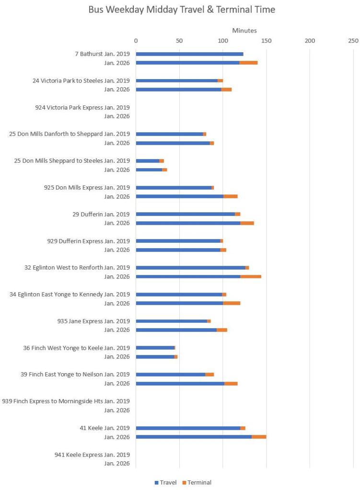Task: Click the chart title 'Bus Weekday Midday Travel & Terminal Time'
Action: pyautogui.click(x=182, y=10)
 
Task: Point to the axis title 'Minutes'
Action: pyautogui.click(x=244, y=31)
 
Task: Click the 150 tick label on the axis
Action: pyautogui.click(x=266, y=41)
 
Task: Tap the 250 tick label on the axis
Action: pyautogui.click(x=353, y=41)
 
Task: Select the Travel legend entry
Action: pyautogui.click(x=165, y=482)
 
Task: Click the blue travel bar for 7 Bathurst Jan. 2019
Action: pyautogui.click(x=189, y=54)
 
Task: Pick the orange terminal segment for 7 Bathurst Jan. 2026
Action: pyautogui.click(x=248, y=63)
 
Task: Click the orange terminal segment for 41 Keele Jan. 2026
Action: pyautogui.click(x=259, y=437)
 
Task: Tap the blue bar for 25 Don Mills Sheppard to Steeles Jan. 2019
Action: pyautogui.click(x=147, y=161)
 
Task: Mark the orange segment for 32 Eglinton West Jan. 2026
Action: pyautogui.click(x=251, y=276)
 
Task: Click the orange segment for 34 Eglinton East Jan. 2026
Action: pyautogui.click(x=232, y=303)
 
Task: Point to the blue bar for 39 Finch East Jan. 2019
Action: pyautogui.click(x=170, y=375)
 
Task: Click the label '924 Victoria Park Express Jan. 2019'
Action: pyautogui.click(x=82, y=107)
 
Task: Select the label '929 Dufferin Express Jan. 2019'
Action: pyautogui.click(x=88, y=241)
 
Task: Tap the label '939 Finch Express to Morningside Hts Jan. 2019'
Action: pyautogui.click(x=66, y=401)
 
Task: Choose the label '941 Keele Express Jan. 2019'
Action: pyautogui.click(x=92, y=455)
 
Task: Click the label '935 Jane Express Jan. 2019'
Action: pyautogui.click(x=93, y=321)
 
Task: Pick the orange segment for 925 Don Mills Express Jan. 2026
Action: pyautogui.click(x=231, y=196)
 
